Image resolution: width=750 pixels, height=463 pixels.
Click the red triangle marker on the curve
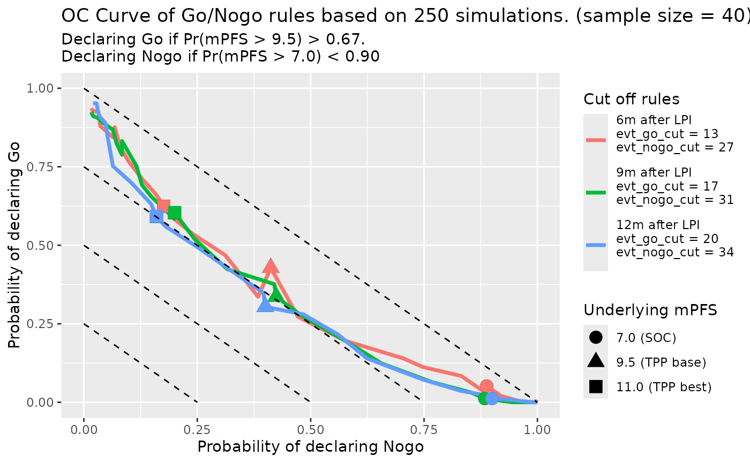271,267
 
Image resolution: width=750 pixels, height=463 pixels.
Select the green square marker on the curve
174,213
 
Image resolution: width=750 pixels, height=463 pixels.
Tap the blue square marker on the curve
156,216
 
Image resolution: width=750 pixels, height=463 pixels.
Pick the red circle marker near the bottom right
486,386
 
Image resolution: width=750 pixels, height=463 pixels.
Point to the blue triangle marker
265,305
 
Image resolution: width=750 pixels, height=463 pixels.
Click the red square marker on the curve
163,206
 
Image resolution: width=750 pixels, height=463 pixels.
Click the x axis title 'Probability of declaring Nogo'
310,447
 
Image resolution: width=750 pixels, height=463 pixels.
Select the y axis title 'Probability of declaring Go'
15,245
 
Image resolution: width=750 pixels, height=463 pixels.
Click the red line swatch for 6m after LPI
596,140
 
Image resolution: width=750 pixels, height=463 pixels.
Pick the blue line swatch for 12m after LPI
596,245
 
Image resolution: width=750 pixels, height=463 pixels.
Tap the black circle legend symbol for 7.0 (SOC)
596,338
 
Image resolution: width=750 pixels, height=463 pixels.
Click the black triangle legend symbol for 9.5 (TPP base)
596,361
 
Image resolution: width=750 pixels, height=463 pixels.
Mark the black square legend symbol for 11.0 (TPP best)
596,386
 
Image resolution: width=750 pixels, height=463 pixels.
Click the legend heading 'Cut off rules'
632,99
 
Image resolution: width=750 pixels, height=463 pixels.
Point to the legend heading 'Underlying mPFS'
650,310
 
